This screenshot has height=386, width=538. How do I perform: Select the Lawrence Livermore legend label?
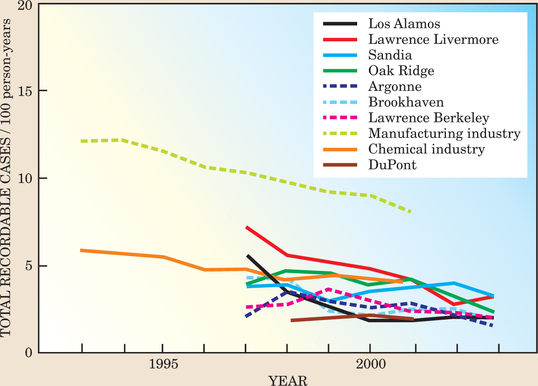click(x=433, y=39)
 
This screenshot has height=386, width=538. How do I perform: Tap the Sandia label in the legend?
click(x=390, y=55)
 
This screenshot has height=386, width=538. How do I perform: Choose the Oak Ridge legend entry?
click(x=401, y=71)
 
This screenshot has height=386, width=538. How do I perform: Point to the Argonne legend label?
click(x=395, y=86)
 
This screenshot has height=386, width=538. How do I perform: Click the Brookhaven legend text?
click(x=406, y=102)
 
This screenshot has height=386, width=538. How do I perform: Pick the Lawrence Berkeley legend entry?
click(x=428, y=118)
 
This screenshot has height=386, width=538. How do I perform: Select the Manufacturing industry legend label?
click(x=444, y=133)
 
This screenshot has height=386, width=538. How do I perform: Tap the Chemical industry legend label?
click(x=426, y=149)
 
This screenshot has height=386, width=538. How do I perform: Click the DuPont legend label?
click(x=392, y=165)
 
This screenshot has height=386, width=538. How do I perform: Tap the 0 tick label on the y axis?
click(x=28, y=352)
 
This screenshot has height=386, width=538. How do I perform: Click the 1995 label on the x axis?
click(x=163, y=364)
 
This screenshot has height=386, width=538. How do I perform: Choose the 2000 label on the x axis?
click(x=370, y=364)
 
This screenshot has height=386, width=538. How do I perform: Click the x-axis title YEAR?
click(x=288, y=381)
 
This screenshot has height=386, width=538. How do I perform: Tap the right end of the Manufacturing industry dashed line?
click(x=410, y=212)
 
